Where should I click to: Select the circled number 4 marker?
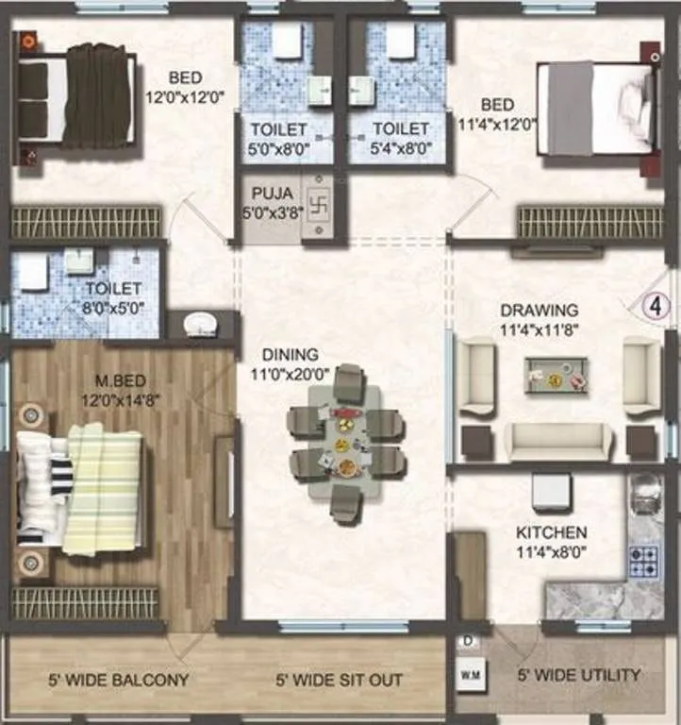657,306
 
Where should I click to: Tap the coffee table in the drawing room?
556,375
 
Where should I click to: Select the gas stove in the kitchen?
644,561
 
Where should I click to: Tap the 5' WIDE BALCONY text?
119,680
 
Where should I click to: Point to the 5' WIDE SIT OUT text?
340,680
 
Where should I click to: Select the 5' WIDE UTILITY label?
579,675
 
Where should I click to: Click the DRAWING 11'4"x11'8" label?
540,318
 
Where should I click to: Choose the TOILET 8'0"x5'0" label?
113,296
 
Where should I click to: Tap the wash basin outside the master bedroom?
201,325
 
